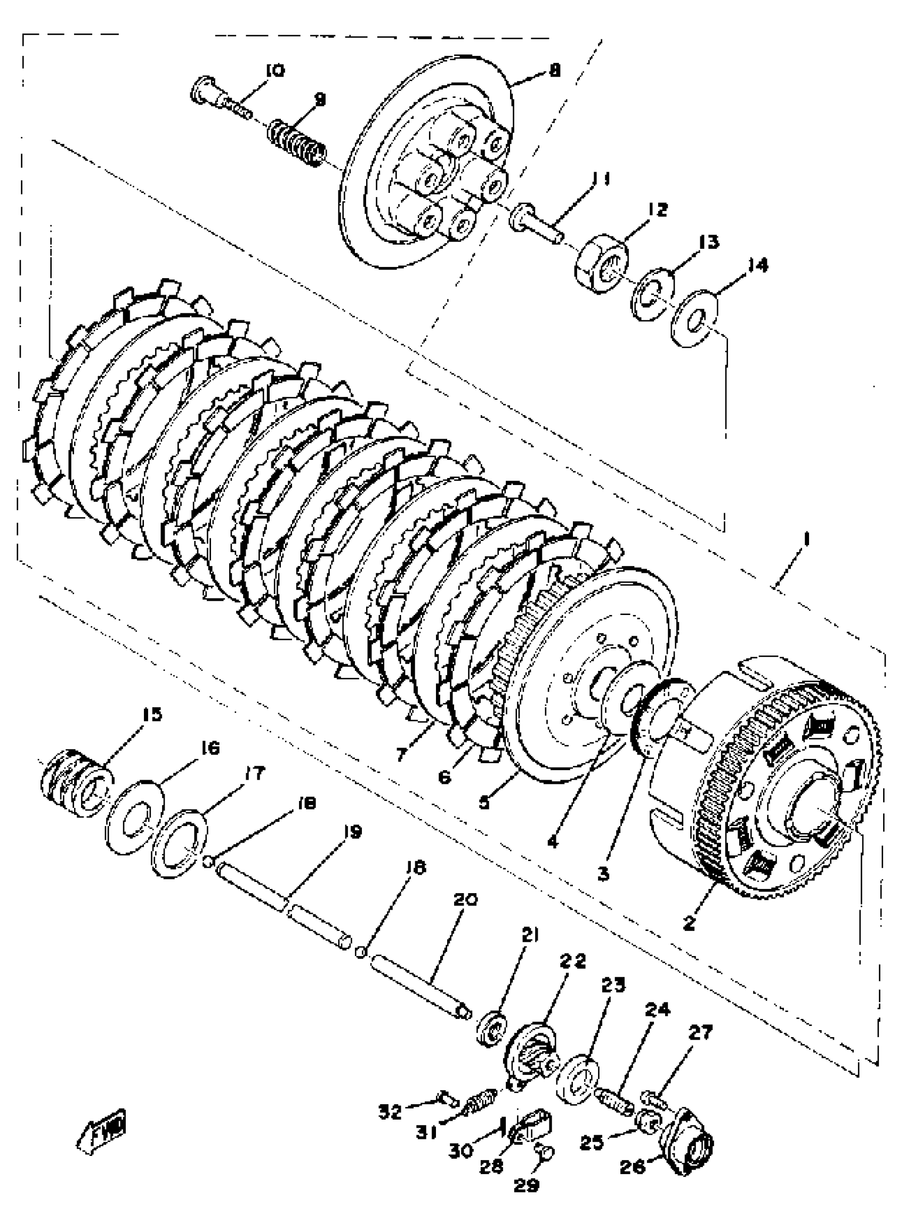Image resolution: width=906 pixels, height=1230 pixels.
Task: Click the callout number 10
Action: tap(275, 71)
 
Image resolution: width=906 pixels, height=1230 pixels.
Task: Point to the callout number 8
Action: tap(554, 70)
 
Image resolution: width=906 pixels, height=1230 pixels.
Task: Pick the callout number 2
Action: tap(689, 923)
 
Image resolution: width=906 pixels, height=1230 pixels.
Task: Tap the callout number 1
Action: tap(806, 540)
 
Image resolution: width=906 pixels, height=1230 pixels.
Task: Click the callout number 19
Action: tap(353, 832)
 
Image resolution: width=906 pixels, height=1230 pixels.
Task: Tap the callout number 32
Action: tap(390, 1112)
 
